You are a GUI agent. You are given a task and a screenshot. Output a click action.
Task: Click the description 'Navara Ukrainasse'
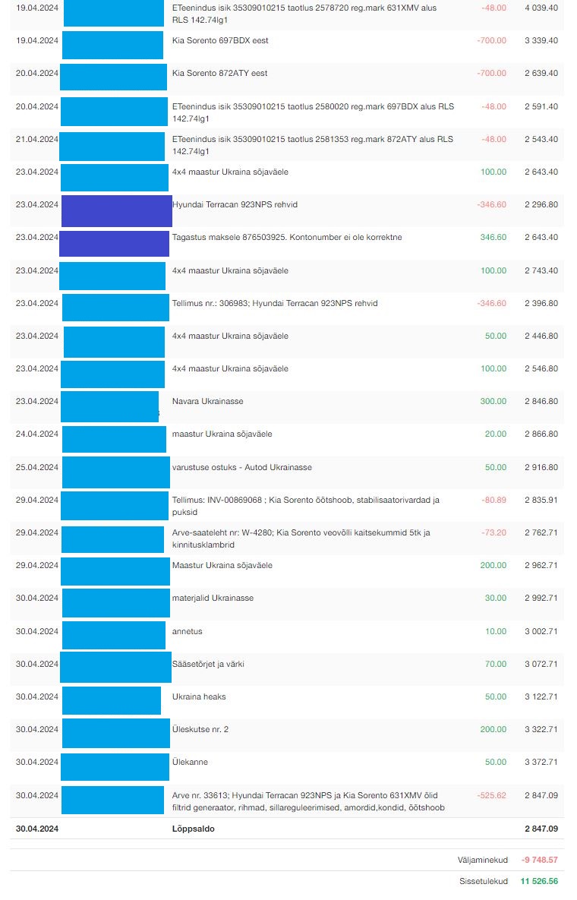[x=207, y=401]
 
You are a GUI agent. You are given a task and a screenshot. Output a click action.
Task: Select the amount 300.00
[x=493, y=401]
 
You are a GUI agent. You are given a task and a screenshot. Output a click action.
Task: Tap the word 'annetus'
[x=187, y=631]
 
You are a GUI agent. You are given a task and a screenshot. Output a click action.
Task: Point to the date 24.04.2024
[x=37, y=434]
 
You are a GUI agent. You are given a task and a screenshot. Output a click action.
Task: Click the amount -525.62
[x=491, y=795]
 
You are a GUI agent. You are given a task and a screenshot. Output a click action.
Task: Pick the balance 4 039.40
[x=541, y=8]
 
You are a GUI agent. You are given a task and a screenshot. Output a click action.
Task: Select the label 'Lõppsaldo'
[x=194, y=829]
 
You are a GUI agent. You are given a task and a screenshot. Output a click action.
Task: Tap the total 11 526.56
[x=539, y=883]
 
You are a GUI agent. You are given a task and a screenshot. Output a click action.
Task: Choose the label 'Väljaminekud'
[x=483, y=860]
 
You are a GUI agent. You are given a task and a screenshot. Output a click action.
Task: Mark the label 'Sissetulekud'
[x=484, y=883]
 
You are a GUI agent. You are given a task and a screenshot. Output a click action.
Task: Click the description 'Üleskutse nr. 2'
[x=200, y=729]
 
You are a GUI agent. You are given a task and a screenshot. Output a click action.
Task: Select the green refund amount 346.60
[x=493, y=237]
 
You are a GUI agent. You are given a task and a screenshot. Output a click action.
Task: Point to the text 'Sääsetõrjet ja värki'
[x=208, y=664]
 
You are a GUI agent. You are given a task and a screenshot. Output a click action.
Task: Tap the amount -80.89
[x=493, y=500]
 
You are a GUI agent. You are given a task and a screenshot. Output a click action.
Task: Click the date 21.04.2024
[x=37, y=139]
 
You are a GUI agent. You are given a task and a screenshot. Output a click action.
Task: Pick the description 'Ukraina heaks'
[x=199, y=696]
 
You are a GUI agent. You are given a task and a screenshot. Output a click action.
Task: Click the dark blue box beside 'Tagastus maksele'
[x=114, y=243]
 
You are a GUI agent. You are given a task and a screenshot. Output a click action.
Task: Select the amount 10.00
[x=495, y=631]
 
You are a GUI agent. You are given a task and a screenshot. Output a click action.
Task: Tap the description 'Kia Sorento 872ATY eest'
[x=219, y=73]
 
